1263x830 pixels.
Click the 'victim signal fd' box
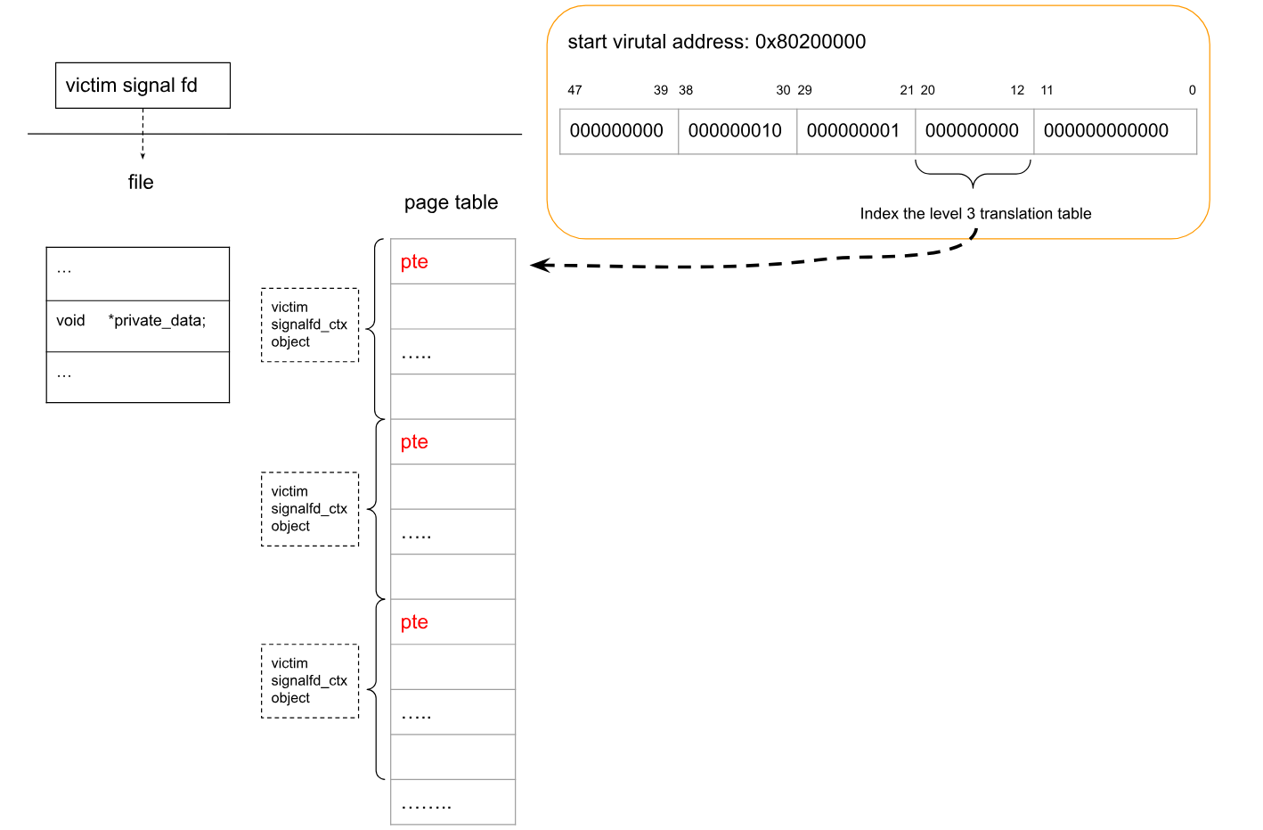(143, 86)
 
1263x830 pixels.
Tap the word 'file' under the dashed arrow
(141, 182)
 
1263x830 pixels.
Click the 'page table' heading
(451, 202)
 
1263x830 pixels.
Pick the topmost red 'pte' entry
(414, 262)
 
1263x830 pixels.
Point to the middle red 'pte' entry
(414, 442)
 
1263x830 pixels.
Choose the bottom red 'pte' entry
(414, 621)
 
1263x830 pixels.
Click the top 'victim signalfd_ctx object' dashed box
(310, 325)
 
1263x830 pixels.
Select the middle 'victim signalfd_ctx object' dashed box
(310, 509)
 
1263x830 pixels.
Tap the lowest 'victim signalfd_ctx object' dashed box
(310, 681)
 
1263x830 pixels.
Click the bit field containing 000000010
(737, 131)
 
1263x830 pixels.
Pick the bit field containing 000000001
(856, 131)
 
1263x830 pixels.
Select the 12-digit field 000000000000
(1115, 131)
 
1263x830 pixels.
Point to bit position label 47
(574, 90)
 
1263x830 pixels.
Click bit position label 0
(1192, 90)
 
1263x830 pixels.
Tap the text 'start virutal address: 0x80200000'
(717, 42)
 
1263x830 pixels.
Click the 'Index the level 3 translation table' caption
(975, 214)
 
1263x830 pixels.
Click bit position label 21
(907, 90)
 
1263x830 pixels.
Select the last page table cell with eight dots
(452, 802)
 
